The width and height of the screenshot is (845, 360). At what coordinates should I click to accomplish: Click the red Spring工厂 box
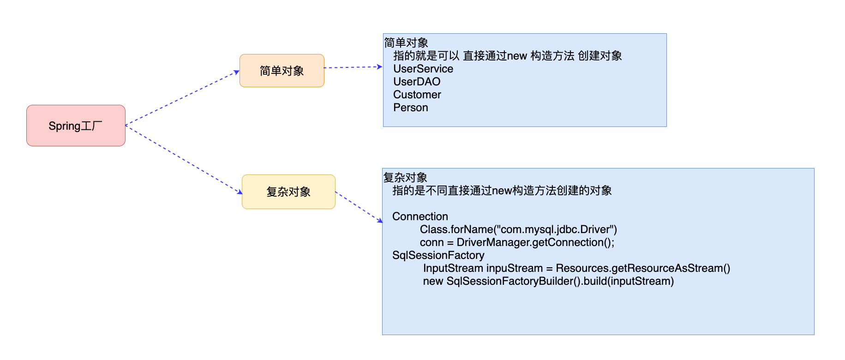76,126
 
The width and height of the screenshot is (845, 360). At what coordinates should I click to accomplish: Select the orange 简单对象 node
282,71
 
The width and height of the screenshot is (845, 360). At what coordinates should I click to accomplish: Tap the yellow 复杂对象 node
288,192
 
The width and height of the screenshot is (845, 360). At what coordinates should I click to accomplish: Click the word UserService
423,69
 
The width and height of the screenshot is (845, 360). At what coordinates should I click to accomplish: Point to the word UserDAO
416,82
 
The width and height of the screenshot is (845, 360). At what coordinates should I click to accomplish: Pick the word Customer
417,95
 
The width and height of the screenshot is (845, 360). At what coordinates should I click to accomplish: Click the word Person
410,108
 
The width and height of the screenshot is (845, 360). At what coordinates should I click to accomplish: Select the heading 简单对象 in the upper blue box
406,43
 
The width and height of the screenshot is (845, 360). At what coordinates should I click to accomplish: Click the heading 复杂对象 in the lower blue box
405,178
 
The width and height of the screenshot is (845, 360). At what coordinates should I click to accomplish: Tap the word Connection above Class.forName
420,216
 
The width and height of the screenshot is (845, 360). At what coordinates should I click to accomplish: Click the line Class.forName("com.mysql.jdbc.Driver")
518,229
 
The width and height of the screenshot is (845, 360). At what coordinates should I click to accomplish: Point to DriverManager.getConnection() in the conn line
535,242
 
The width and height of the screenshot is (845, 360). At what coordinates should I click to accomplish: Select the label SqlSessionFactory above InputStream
438,255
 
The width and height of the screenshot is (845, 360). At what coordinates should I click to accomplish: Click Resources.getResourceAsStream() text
642,268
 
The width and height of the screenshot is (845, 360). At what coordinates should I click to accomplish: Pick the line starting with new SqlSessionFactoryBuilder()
548,281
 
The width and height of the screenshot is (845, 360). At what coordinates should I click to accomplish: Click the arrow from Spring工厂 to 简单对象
182,98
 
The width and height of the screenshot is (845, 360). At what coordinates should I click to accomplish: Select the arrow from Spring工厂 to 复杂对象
184,159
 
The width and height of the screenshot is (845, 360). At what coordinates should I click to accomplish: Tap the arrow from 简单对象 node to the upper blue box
353,67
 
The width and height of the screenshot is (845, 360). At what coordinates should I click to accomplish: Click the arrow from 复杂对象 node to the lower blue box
359,207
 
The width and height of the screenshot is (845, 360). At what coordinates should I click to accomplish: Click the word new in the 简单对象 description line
517,56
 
